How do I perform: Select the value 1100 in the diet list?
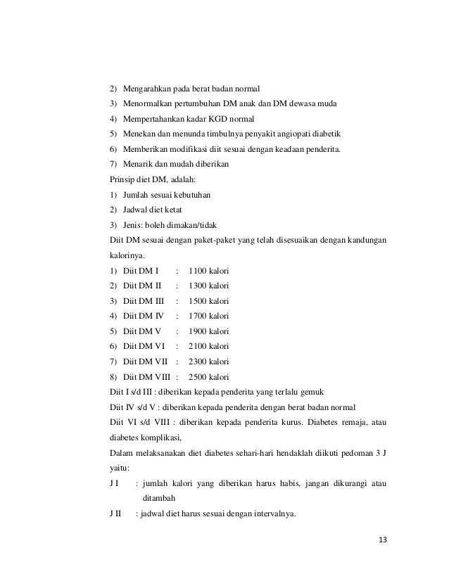click(x=201, y=271)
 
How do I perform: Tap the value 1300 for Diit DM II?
click(x=201, y=286)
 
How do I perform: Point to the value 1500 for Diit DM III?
click(x=201, y=301)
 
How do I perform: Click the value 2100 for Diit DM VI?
click(x=201, y=346)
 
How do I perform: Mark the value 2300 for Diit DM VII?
click(x=201, y=362)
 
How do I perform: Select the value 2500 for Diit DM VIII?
click(x=201, y=376)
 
